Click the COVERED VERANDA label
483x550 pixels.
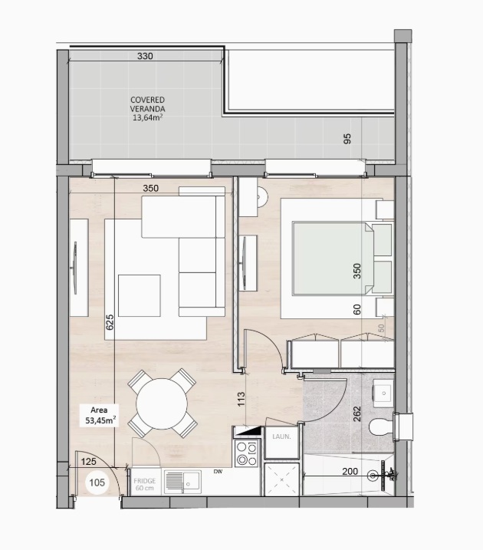tap(147, 104)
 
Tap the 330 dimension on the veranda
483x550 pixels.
tap(145, 56)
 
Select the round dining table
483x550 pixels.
tap(162, 403)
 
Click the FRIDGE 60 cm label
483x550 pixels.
tap(144, 484)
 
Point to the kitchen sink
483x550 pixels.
tap(182, 482)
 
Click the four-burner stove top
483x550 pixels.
tap(247, 453)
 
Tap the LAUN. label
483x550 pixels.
tap(281, 436)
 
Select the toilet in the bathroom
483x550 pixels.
tap(381, 426)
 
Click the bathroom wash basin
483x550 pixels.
tap(383, 393)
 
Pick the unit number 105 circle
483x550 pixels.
tap(97, 482)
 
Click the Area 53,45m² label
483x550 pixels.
tap(100, 415)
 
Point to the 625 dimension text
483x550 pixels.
tap(110, 322)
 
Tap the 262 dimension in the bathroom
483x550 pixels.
tap(356, 414)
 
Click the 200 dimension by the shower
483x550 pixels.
tap(350, 472)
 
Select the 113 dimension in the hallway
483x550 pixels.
tap(242, 399)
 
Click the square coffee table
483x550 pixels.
tap(140, 295)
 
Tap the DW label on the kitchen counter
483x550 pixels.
tap(218, 472)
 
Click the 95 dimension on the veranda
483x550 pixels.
tap(347, 139)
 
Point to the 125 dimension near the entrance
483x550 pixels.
tap(88, 462)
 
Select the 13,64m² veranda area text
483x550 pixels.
tap(147, 117)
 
